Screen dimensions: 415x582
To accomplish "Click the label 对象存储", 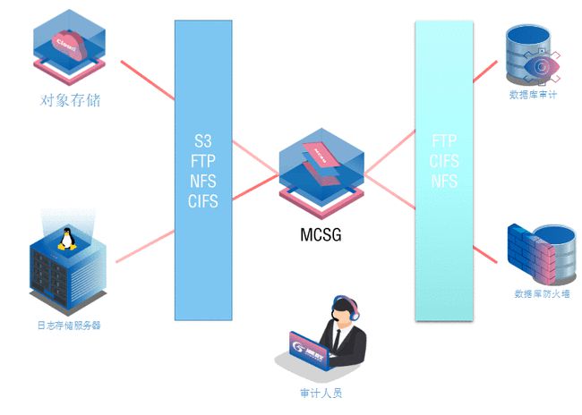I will click(71, 99).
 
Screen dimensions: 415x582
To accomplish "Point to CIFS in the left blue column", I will click(203, 200).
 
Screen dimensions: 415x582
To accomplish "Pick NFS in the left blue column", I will click(203, 182).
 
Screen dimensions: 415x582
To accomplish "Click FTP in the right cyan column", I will click(444, 142).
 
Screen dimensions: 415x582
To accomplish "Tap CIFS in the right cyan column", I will click(444, 162).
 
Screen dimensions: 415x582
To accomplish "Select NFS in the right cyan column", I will click(444, 182).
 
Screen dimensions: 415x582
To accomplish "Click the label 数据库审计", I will click(533, 95).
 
